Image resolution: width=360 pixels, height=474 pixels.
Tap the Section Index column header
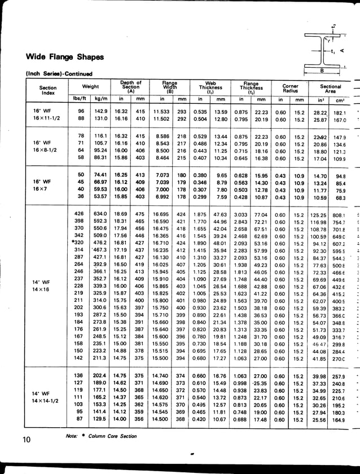click(x=48, y=90)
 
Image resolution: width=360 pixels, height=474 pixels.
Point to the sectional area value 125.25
click(x=319, y=215)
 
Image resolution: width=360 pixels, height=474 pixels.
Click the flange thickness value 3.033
click(x=240, y=214)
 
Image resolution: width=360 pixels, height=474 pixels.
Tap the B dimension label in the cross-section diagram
click(x=322, y=71)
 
